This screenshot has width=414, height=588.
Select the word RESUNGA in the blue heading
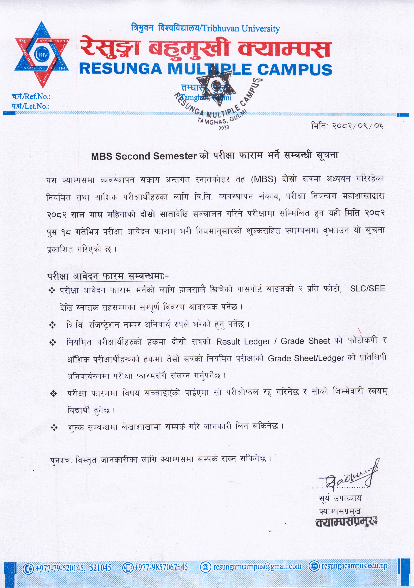coord(120,69)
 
